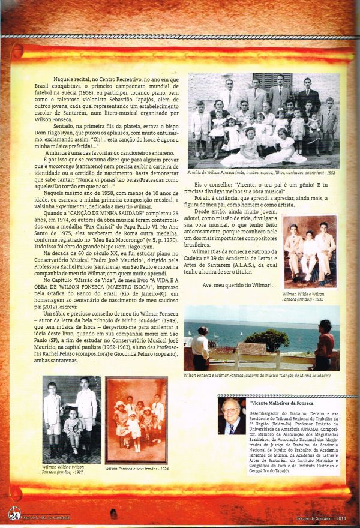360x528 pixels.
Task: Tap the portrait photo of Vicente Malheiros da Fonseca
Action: [232, 416]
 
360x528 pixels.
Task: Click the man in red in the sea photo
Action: [326, 346]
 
